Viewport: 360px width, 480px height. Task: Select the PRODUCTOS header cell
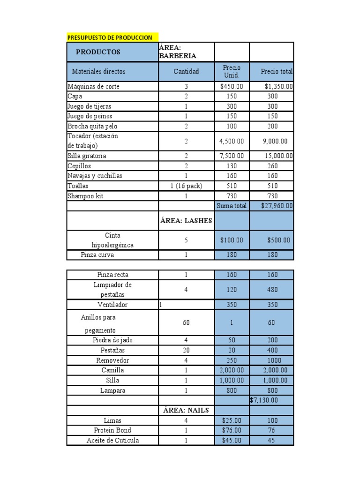click(98, 52)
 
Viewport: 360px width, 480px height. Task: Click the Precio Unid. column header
click(232, 72)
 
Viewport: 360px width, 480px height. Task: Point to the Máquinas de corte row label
click(93, 87)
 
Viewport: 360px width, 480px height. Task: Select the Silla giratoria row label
click(87, 156)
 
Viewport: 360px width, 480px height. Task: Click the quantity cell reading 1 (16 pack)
click(186, 186)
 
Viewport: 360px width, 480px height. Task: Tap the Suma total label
click(232, 206)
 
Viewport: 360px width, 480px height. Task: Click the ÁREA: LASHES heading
click(186, 221)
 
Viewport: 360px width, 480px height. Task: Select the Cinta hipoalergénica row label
click(112, 240)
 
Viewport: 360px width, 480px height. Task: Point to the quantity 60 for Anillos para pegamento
click(186, 323)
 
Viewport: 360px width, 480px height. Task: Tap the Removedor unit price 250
click(232, 360)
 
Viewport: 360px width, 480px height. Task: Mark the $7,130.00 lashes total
click(264, 400)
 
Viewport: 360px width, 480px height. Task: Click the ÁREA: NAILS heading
click(186, 411)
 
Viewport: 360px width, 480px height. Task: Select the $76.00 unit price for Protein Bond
click(232, 430)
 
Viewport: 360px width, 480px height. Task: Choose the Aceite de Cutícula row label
click(112, 441)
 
